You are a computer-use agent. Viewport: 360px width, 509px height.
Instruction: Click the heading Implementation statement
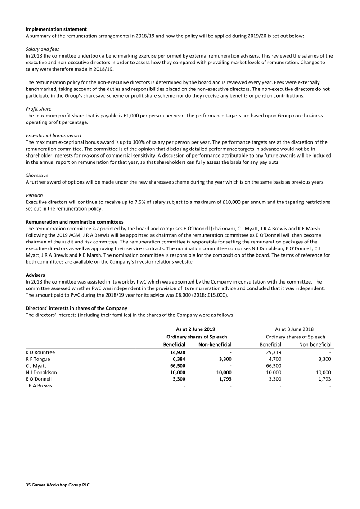[x=56, y=29]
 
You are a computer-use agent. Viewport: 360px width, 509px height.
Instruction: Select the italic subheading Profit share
[x=38, y=109]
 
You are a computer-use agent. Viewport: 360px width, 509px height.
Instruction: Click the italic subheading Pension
[x=34, y=195]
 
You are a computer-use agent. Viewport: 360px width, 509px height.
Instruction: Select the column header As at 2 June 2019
[x=196, y=329]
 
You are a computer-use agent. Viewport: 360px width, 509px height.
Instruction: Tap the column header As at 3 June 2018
[x=295, y=329]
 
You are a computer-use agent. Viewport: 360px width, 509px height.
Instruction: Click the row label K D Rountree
[x=40, y=352]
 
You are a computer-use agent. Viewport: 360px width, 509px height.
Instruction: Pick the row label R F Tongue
[x=38, y=359]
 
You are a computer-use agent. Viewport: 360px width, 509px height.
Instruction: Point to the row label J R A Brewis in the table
[x=39, y=386]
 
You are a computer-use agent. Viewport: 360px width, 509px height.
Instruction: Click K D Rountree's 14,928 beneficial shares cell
[x=177, y=352]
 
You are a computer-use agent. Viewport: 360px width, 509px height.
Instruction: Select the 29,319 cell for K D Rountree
[x=274, y=352]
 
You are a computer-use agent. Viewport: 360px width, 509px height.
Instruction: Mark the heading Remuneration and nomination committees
[x=74, y=222]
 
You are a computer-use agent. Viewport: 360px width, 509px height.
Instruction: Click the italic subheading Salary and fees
[x=43, y=49]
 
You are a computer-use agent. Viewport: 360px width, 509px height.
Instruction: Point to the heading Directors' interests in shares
[x=76, y=308]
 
